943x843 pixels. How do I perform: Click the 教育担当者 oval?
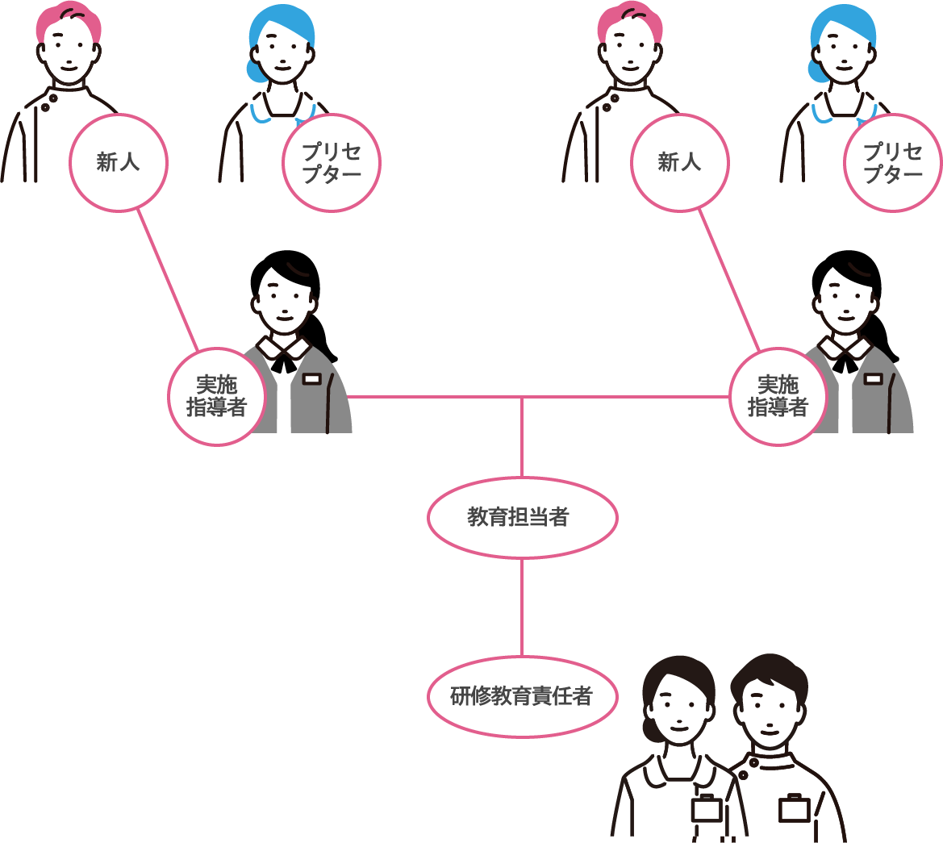click(522, 517)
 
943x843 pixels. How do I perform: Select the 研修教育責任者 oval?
click(522, 696)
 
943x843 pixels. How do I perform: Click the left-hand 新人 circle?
click(119, 162)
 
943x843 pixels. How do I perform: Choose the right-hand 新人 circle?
click(679, 162)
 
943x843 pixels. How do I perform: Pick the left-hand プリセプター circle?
click(331, 163)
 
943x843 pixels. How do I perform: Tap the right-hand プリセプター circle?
click(892, 163)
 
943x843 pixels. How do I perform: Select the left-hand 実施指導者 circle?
click(216, 396)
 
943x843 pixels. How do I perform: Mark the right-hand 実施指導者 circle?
click(778, 396)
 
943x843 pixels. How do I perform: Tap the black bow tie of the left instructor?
click(283, 362)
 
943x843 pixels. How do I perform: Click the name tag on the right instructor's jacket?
click(874, 378)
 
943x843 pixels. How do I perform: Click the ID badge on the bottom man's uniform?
click(794, 808)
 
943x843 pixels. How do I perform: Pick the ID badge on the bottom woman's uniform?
click(707, 808)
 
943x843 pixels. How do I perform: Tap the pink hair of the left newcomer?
click(69, 20)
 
